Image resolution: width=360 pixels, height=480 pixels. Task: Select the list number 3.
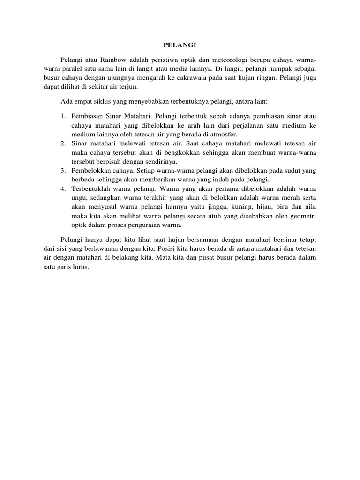62,171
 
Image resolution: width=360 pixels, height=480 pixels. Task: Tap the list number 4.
62,189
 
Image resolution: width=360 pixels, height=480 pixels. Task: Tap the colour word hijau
267,207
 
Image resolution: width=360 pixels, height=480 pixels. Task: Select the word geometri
302,216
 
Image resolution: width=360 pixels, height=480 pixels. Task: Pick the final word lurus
80,267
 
